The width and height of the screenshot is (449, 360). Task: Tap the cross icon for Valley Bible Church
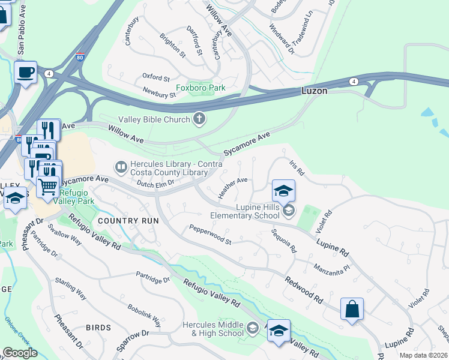coord(200,119)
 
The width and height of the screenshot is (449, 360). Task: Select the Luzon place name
coord(314,91)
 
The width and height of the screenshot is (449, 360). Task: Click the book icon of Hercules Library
coord(121,166)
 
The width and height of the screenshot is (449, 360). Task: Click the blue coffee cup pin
coord(26,73)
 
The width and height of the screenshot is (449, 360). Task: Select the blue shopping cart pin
coord(48,185)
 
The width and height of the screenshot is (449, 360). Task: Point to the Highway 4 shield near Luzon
coord(355,82)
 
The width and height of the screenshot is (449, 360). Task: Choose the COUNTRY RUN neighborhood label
coord(128,221)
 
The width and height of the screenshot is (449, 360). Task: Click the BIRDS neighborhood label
coord(98,328)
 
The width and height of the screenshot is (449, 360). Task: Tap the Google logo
coord(20,352)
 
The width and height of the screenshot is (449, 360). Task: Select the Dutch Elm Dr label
coord(155,183)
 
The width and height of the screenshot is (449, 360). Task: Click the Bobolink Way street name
coord(142,311)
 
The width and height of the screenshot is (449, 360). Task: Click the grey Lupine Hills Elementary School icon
coord(289,209)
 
